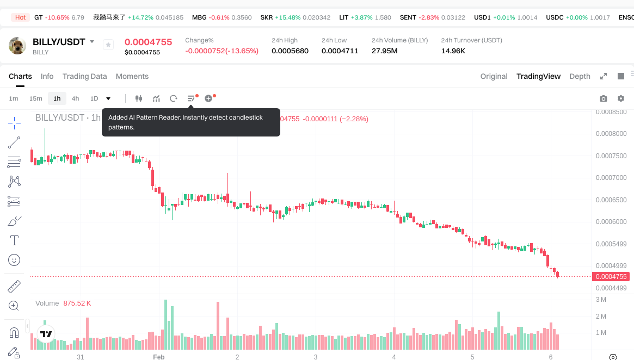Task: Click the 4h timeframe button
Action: tap(75, 98)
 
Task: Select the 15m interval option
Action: tap(35, 98)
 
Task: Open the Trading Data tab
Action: tap(84, 76)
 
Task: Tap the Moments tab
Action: tap(132, 76)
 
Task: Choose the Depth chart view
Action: tap(580, 76)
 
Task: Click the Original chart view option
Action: tap(494, 76)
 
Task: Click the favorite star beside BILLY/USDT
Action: tap(108, 45)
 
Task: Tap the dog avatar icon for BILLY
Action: tap(17, 46)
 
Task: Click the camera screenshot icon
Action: tap(603, 98)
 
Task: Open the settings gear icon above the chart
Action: tap(620, 98)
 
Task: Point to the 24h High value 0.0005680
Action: tap(290, 51)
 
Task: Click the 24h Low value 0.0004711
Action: tap(340, 51)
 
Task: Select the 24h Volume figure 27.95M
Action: tap(384, 51)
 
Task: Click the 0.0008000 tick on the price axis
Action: tap(611, 134)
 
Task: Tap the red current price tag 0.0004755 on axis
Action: tap(611, 277)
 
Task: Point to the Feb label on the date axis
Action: tap(158, 357)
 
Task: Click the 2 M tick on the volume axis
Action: tap(601, 316)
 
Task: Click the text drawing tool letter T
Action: tap(14, 240)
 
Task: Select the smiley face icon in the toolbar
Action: tap(14, 260)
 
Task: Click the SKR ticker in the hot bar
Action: tap(267, 17)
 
